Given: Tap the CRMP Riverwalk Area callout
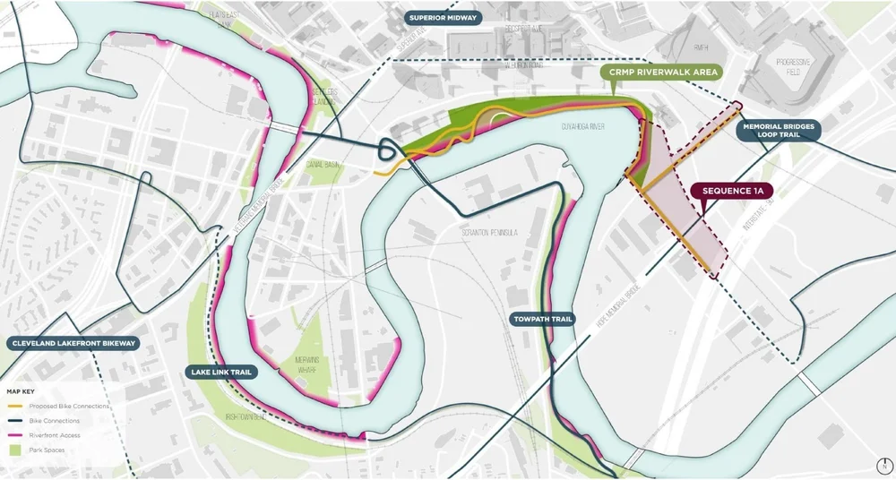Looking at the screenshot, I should click(660, 73).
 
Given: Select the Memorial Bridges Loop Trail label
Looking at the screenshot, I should click(778, 132).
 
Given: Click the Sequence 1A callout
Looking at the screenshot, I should click(732, 191).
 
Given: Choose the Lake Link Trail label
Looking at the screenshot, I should click(220, 371).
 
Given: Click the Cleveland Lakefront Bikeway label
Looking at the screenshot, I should click(72, 343).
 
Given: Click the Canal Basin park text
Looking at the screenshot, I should click(322, 164).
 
